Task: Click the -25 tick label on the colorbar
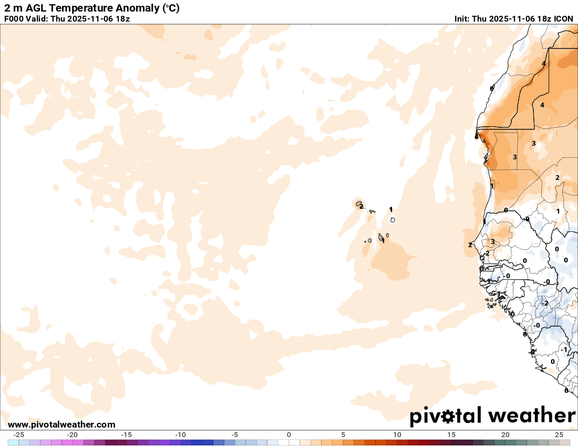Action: [18, 435]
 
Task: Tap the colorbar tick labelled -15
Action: [126, 435]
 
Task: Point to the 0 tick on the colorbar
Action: [289, 435]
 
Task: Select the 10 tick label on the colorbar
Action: [397, 435]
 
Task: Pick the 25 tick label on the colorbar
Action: [559, 435]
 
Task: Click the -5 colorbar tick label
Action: [235, 435]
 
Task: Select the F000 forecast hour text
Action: [14, 19]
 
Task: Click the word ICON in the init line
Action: [563, 19]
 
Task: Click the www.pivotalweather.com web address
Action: [61, 424]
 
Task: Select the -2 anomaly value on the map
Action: [546, 303]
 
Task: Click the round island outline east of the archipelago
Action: [393, 220]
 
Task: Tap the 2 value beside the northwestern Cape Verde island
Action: [362, 207]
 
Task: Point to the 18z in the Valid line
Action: [121, 19]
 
